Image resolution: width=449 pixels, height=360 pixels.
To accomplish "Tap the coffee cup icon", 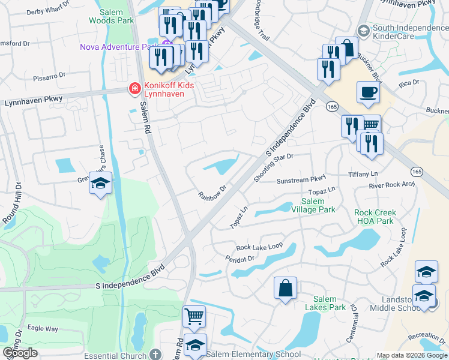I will click(367, 93).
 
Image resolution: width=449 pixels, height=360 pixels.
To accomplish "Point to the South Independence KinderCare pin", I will click(363, 30).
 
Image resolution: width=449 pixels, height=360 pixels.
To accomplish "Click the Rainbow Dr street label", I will click(212, 193).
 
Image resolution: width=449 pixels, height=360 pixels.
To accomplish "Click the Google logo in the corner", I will click(20, 353).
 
